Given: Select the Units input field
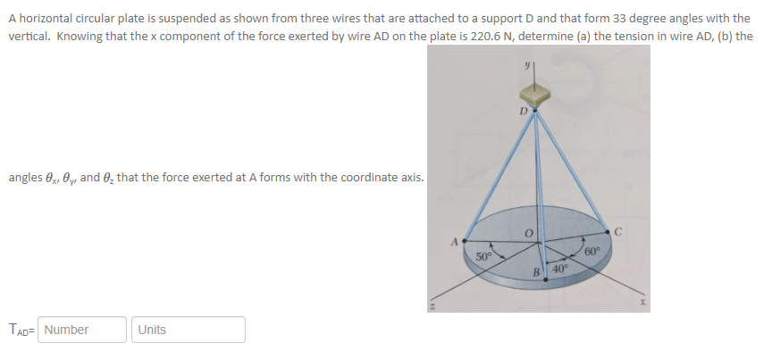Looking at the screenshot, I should [x=188, y=330].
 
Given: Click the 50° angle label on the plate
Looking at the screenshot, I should [x=483, y=255].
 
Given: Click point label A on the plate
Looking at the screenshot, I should [x=454, y=239].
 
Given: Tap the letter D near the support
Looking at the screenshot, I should [x=524, y=113].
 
